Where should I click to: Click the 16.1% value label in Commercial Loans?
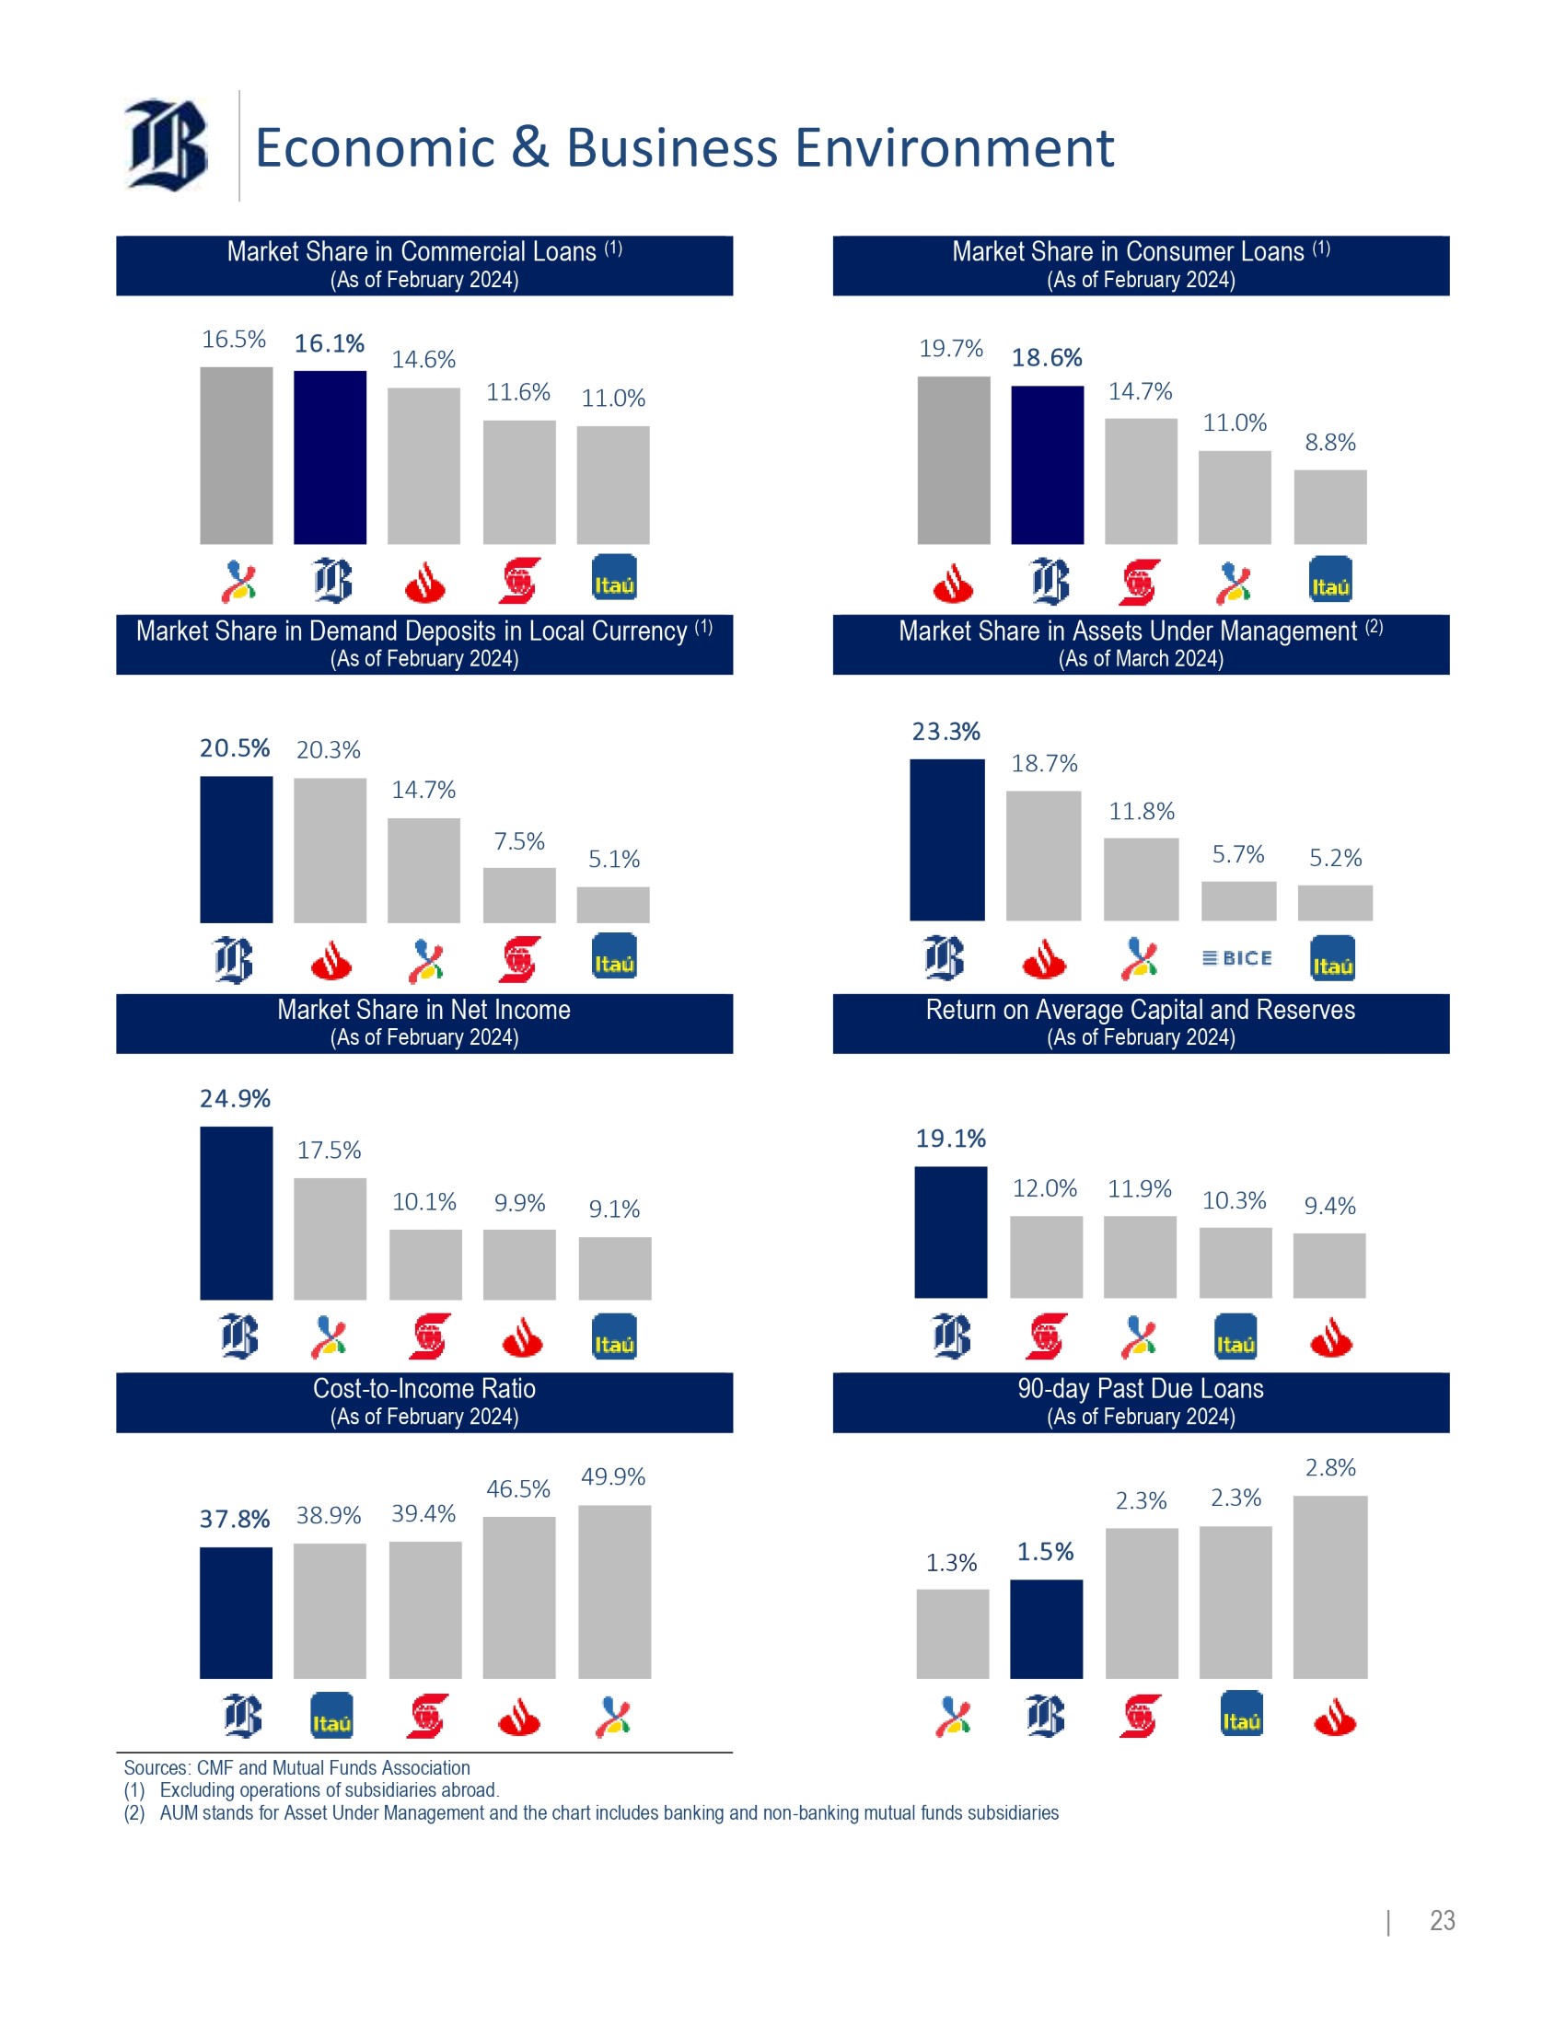click(x=330, y=344)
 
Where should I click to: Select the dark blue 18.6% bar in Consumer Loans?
click(x=1047, y=465)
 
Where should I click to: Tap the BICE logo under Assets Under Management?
click(x=1236, y=958)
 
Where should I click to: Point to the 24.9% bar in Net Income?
click(x=237, y=1213)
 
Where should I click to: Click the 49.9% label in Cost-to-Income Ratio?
click(x=613, y=1476)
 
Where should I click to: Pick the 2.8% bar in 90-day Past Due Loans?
click(x=1329, y=1587)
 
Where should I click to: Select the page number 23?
click(x=1442, y=1920)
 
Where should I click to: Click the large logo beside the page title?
click(x=167, y=145)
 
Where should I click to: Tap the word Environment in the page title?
click(x=954, y=148)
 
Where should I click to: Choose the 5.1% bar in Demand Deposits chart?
click(x=613, y=905)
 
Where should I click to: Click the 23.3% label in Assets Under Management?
click(x=945, y=732)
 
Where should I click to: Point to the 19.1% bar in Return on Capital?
click(x=950, y=1232)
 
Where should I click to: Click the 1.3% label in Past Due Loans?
click(x=951, y=1563)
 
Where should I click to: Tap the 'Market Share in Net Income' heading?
click(x=423, y=1010)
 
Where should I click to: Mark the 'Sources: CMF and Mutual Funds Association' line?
click(x=296, y=1768)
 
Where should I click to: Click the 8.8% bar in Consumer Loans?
click(x=1329, y=506)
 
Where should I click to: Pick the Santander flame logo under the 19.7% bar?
click(x=952, y=584)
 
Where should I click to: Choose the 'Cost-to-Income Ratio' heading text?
click(x=423, y=1388)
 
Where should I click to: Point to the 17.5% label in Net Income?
click(x=330, y=1151)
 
